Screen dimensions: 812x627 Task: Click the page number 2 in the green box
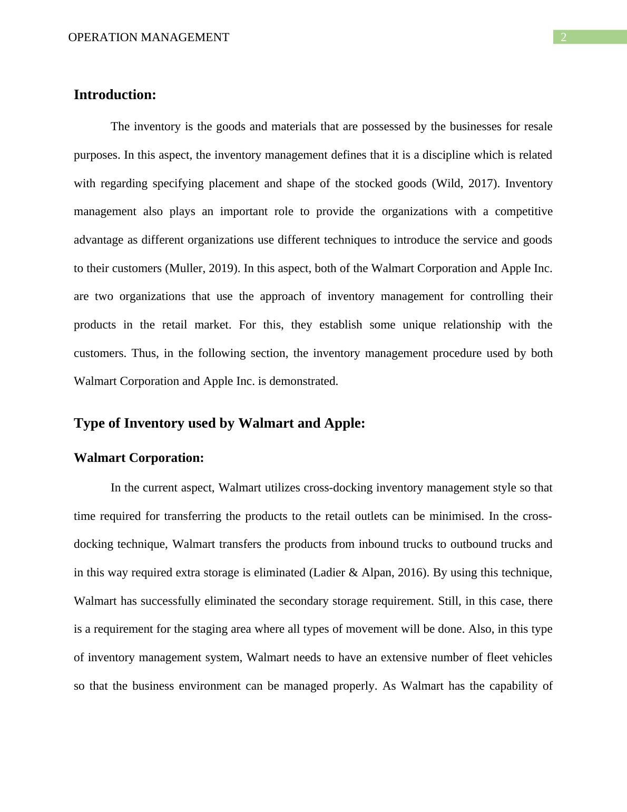pyautogui.click(x=563, y=37)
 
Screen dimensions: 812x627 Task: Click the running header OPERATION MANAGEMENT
pyautogui.click(x=149, y=37)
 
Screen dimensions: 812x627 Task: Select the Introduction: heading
pyautogui.click(x=115, y=95)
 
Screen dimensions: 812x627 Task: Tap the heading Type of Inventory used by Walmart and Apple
pyautogui.click(x=219, y=423)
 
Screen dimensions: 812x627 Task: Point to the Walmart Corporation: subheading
pyautogui.click(x=139, y=458)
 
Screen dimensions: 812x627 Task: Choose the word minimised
pyautogui.click(x=456, y=516)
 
